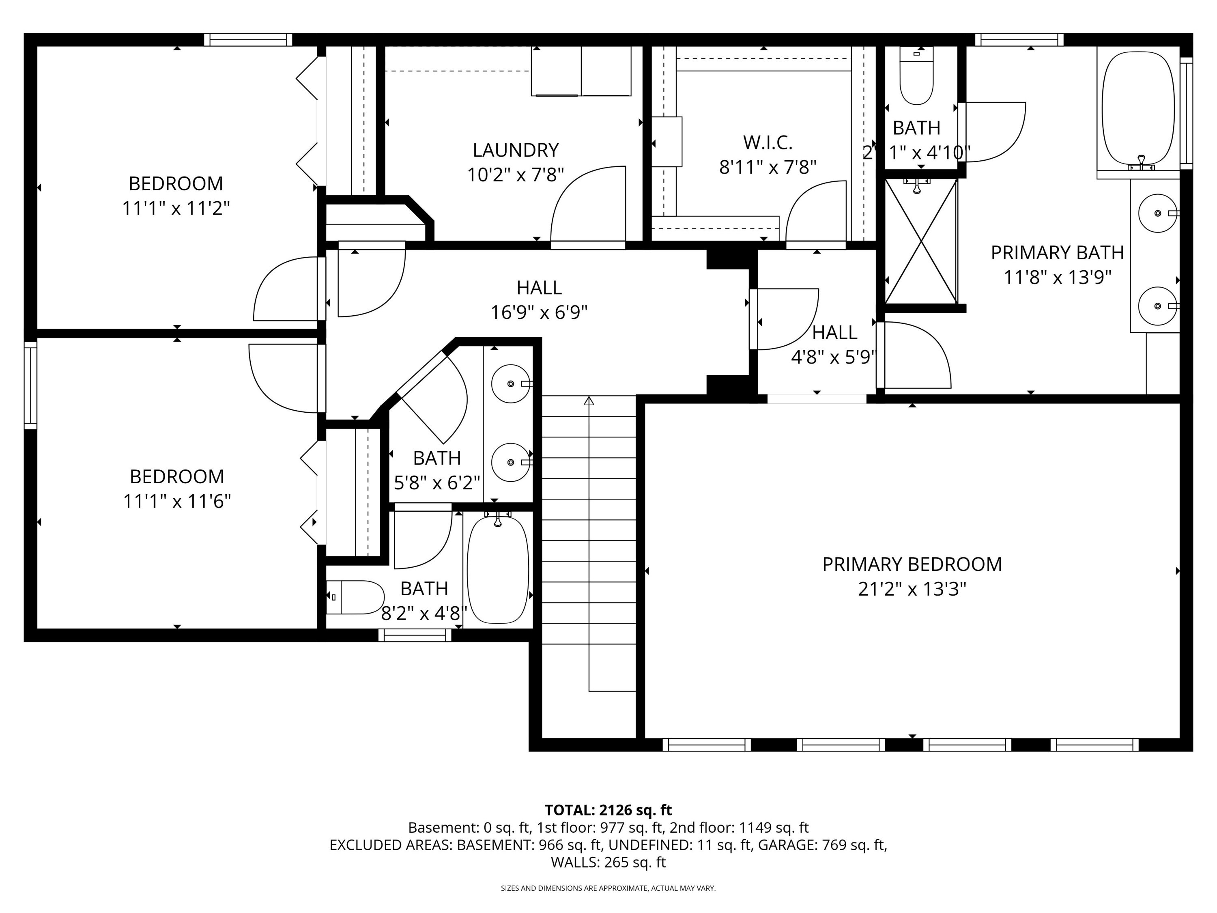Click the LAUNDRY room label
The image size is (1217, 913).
coord(516,150)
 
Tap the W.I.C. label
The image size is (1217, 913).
coord(768,142)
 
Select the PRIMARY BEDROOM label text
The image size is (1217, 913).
coord(912,564)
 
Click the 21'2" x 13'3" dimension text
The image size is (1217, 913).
coord(912,590)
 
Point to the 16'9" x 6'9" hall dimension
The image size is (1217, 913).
coord(539,312)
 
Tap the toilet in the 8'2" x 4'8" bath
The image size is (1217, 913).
coord(355,597)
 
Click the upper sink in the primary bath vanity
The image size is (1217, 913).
coord(1158,213)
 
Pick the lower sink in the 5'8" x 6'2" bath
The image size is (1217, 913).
coord(511,462)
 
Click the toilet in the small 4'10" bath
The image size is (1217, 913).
coord(916,75)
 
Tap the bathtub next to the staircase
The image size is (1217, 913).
coord(498,570)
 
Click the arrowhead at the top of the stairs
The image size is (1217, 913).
coord(589,400)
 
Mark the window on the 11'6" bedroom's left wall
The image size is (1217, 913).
coord(31,385)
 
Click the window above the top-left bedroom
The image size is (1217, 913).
coord(248,40)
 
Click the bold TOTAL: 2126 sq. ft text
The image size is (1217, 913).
coord(608,810)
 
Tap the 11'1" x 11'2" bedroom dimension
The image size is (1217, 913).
coord(176,209)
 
